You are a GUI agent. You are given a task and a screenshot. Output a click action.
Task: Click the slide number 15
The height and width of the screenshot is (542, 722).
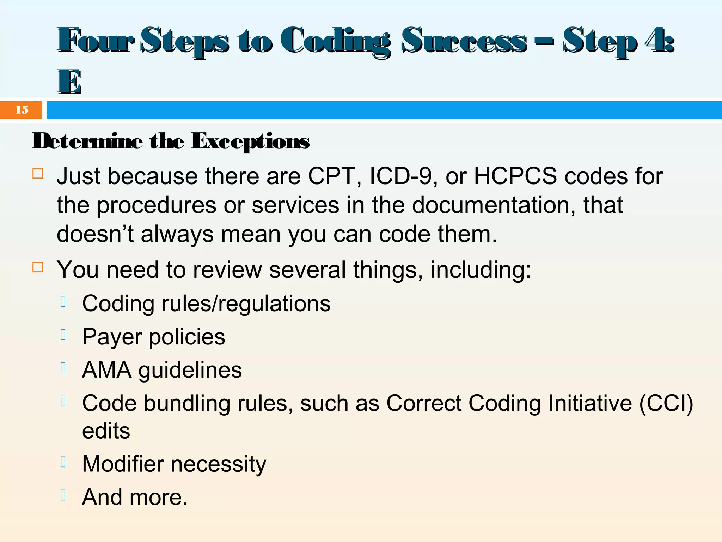point(22,110)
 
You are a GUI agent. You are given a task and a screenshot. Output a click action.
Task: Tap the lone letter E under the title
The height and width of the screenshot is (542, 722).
point(69,82)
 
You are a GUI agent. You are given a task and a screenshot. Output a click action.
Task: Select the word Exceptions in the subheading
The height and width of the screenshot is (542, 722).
point(250,141)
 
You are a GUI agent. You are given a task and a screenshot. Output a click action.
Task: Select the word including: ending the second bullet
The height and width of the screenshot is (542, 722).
point(481,270)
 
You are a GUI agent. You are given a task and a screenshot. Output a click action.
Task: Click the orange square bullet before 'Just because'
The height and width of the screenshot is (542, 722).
point(38,174)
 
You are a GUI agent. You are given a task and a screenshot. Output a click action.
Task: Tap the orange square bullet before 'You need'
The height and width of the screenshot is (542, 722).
point(38,267)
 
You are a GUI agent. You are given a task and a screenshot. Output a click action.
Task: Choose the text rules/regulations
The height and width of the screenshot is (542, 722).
point(246,304)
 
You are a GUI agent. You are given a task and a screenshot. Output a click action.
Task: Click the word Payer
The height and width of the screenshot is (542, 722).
point(112,337)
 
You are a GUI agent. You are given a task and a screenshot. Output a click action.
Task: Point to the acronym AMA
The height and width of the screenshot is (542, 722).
point(106,370)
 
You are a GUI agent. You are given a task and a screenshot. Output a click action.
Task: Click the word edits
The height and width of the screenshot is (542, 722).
point(106,431)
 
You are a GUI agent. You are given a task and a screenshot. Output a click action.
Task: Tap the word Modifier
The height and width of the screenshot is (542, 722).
point(123,464)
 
